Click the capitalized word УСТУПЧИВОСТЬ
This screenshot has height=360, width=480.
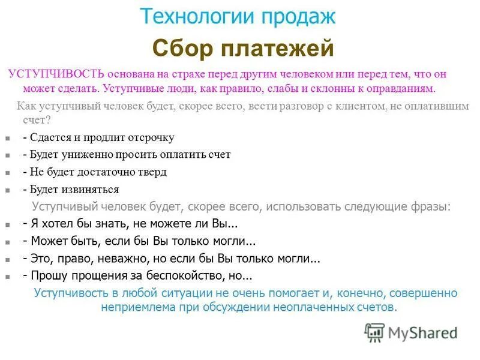point(55,74)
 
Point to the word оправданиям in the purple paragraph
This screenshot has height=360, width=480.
point(396,89)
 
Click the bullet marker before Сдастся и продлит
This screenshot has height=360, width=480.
point(7,138)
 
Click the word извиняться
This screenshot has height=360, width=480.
point(89,189)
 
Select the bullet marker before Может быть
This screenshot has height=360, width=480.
point(7,242)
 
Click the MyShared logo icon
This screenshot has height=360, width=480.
point(374,332)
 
